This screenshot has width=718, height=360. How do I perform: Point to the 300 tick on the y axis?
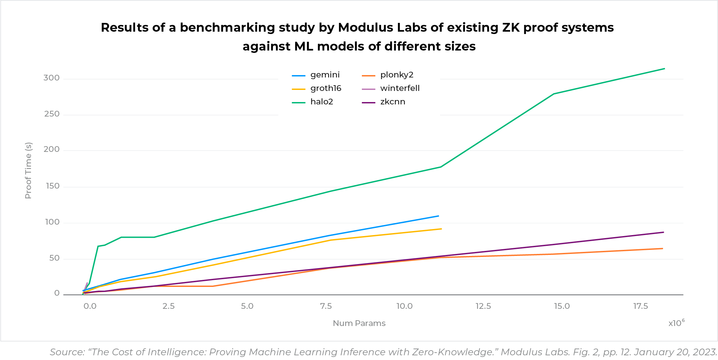pos(52,78)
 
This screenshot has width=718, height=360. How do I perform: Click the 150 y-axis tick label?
pos(53,186)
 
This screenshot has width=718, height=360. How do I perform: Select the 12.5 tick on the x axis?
pos(483,306)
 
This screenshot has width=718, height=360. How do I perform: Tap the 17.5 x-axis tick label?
pos(641,306)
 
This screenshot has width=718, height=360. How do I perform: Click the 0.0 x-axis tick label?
pos(90,306)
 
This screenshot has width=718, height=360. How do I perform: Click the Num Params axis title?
pos(359,323)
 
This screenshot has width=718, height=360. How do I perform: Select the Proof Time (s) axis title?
pos(28,170)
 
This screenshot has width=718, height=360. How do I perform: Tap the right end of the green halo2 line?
pos(664,69)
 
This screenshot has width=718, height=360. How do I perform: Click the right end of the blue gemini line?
pos(438,216)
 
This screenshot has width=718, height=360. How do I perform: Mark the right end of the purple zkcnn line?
pos(663,232)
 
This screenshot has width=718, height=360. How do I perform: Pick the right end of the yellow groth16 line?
pos(441,229)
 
